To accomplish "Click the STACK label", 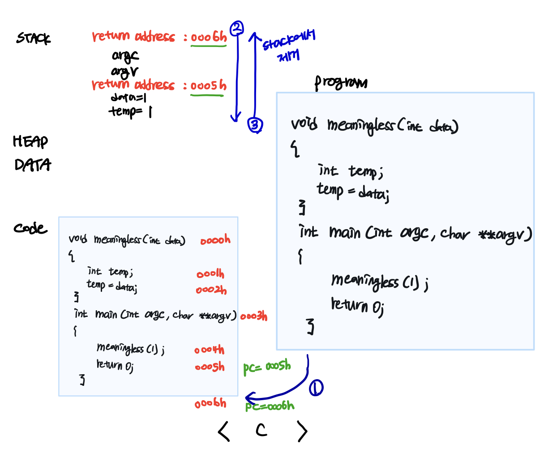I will pos(34,38).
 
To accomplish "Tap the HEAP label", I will pos(30,141).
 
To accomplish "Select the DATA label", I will pos(33,165).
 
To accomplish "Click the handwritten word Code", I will pos(30,228).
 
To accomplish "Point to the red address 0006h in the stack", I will pos(209,37).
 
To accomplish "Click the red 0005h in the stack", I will pos(208,86).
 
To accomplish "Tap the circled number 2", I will pos(236,28).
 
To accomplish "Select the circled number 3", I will pos(255,125).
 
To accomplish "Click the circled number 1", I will pos(316,388).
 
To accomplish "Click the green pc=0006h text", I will pos(270,406).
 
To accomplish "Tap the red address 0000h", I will pos(215,240).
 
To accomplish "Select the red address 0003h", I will pos(254,316).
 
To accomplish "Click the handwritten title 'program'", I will pos(341,83).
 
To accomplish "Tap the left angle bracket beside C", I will pos(224,431).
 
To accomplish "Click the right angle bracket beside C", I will pos(303,432).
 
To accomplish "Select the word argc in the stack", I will pos(125,56).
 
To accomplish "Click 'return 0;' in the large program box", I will pos(357,306).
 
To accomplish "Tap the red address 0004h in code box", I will pos(209,350).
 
